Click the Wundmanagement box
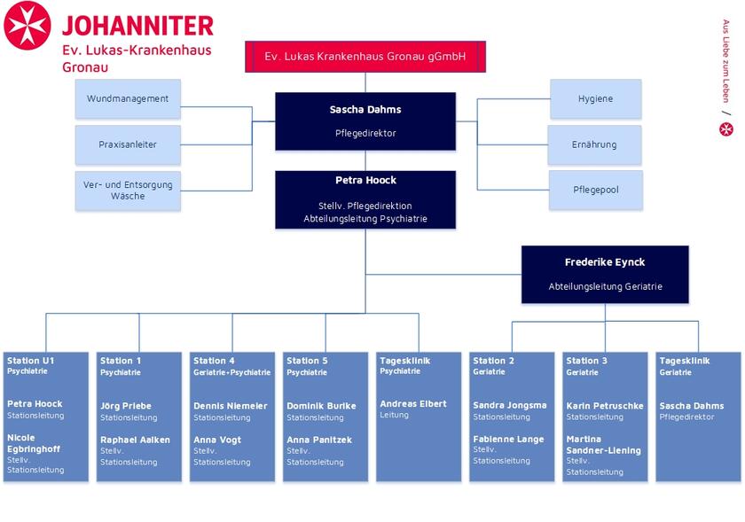[x=128, y=98]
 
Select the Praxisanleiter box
[x=128, y=144]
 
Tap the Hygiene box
[x=595, y=98]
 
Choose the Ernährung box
[x=595, y=144]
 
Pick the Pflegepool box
[x=595, y=190]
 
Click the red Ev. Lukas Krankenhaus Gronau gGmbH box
[x=365, y=56]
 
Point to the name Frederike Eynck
[x=605, y=262]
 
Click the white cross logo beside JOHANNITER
[x=27, y=25]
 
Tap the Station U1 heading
[x=31, y=361]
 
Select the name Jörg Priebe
[x=126, y=406]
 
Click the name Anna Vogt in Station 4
[x=217, y=440]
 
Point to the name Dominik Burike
[x=321, y=406]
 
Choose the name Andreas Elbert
[x=413, y=403]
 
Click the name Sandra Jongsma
[x=510, y=405]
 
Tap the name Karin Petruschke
[x=605, y=406]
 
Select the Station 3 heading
[x=587, y=361]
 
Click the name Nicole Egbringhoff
[x=34, y=443]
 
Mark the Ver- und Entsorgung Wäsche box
[x=128, y=190]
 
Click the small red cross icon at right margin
[x=725, y=129]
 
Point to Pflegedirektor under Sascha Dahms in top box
[x=365, y=133]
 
